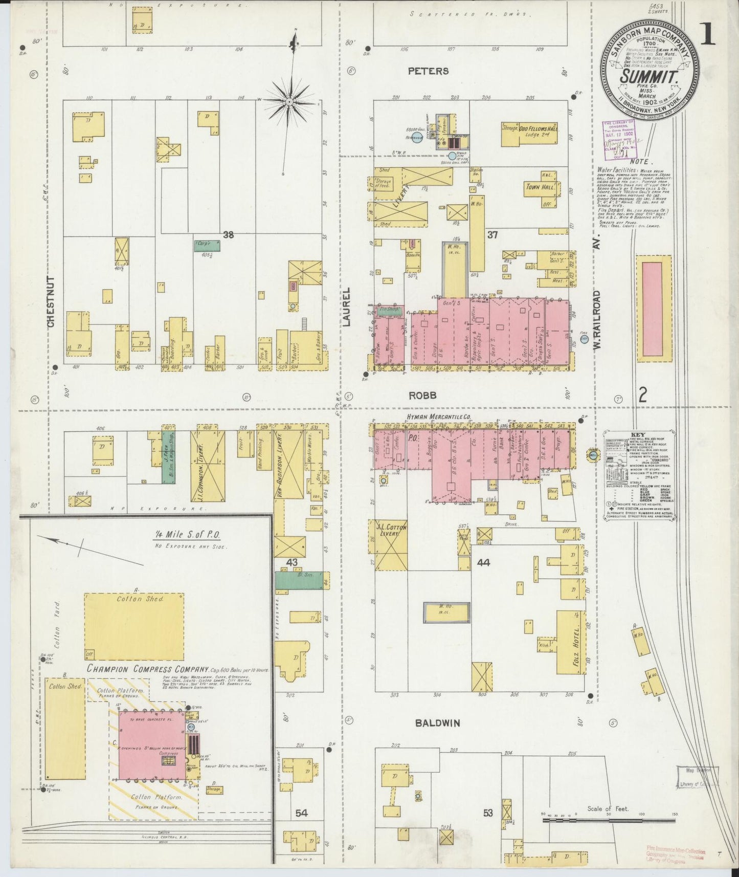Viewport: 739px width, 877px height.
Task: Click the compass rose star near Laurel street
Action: point(289,102)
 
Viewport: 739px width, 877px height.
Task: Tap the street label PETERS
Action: point(429,71)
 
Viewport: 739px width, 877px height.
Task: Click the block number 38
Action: point(228,235)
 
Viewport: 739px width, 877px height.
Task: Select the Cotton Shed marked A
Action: point(134,627)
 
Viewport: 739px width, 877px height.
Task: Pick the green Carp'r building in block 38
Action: point(208,245)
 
